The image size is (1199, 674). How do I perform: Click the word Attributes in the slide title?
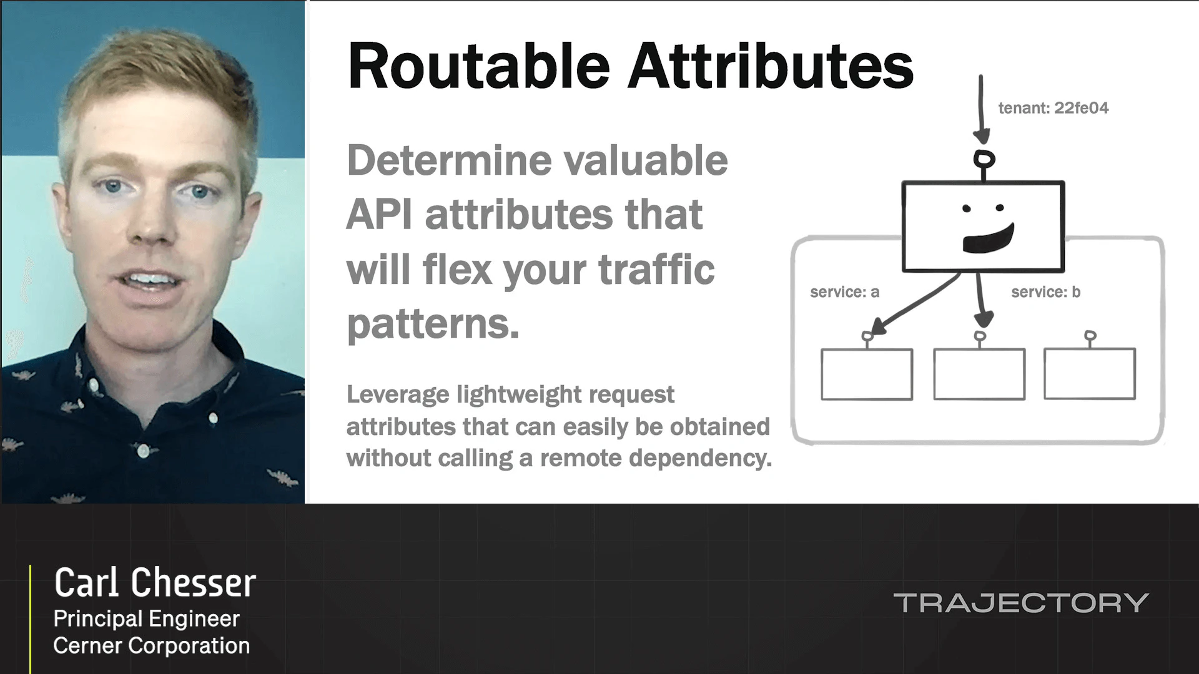click(770, 66)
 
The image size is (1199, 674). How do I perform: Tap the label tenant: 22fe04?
click(1053, 108)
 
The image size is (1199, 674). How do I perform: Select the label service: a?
click(844, 292)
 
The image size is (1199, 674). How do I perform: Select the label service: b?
click(1045, 292)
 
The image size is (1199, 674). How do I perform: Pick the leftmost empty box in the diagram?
click(866, 374)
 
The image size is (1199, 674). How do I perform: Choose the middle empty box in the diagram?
click(979, 374)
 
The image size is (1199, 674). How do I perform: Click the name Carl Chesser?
click(155, 583)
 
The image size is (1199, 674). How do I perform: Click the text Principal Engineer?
click(146, 618)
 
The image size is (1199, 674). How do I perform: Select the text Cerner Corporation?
click(151, 646)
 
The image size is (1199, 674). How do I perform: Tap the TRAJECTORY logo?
click(1020, 603)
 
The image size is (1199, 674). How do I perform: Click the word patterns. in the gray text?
click(433, 324)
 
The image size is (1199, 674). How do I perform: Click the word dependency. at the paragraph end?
click(700, 458)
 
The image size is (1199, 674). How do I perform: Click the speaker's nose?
click(150, 228)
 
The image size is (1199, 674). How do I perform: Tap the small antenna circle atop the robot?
click(984, 159)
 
